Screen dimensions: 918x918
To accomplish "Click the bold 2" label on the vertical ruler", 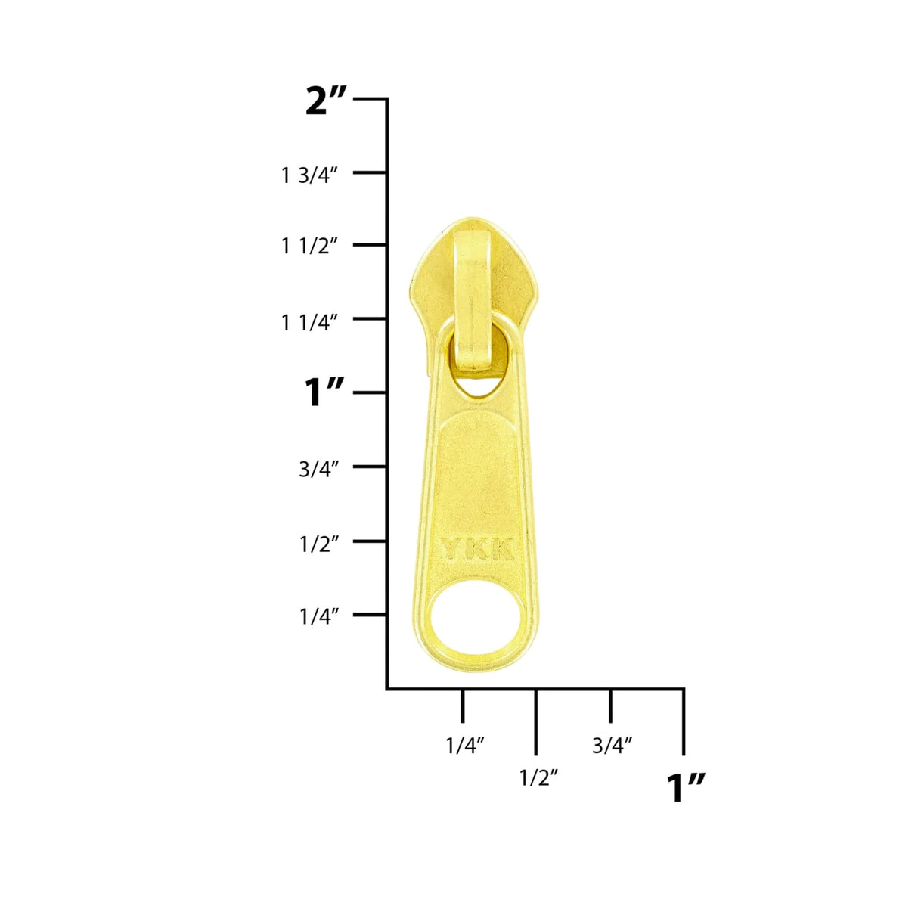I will point(326,101).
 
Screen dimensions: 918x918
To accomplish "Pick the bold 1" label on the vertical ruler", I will point(324,393).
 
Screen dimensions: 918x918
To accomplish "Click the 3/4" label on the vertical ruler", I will point(318,469).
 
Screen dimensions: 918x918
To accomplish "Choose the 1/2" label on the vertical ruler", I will point(318,543).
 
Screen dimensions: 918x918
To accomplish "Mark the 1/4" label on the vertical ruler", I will point(318,616).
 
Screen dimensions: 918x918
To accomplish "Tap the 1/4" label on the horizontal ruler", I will point(464,746).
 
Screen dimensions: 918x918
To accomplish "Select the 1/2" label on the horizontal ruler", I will point(538,777).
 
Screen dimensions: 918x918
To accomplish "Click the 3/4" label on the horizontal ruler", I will point(612,746).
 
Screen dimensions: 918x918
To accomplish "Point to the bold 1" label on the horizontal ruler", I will point(686,789).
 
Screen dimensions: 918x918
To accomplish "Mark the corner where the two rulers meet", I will point(388,688).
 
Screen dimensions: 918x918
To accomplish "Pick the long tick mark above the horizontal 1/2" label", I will point(536,722).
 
